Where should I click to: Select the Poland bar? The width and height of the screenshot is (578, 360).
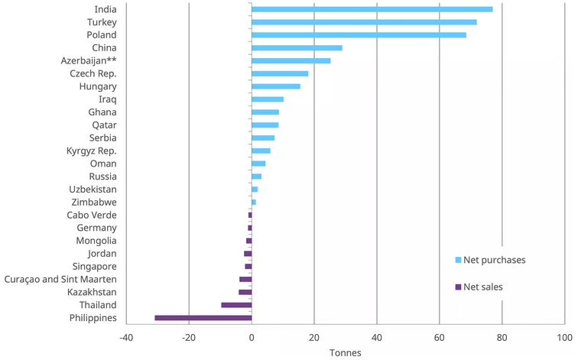(x=359, y=35)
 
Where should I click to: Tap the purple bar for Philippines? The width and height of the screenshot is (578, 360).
(x=203, y=318)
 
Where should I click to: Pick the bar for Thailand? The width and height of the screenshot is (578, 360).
(x=236, y=305)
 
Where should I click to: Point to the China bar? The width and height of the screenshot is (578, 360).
(x=297, y=48)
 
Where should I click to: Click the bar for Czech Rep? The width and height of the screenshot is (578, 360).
(x=280, y=73)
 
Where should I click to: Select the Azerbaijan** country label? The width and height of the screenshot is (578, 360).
(x=88, y=61)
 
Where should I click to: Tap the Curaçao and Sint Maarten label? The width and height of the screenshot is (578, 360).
(x=60, y=279)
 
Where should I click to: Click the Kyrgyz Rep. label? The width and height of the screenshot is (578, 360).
(x=91, y=151)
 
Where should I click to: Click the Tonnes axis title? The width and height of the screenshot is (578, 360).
(x=345, y=352)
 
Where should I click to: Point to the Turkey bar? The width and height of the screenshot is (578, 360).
(x=364, y=22)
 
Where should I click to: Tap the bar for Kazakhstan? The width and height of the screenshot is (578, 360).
(x=245, y=292)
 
